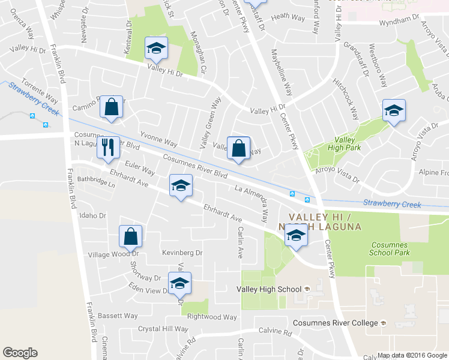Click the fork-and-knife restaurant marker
click(107, 147)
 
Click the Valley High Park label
click(345, 144)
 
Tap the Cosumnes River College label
click(336, 323)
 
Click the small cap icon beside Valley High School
click(307, 289)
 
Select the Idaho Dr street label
click(92, 215)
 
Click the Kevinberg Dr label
click(183, 253)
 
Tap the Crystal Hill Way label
click(163, 329)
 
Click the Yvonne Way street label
click(158, 140)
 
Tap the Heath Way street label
click(285, 18)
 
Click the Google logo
click(20, 353)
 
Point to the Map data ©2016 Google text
click(412, 355)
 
